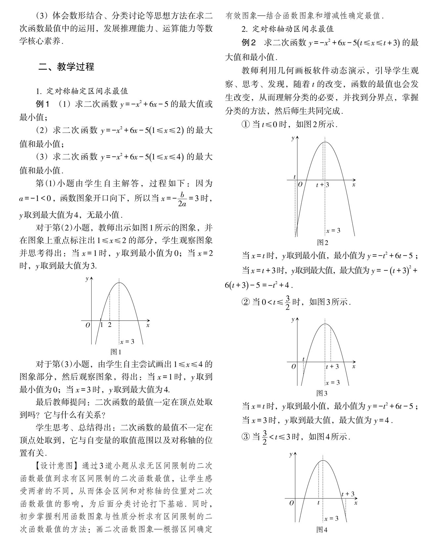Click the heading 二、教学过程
click(x=66, y=67)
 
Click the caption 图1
click(x=116, y=352)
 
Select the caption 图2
click(x=322, y=243)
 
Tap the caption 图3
click(x=322, y=393)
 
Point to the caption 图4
click(x=322, y=530)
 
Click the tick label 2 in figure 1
click(x=110, y=325)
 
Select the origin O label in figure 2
click(x=300, y=184)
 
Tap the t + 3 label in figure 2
click(x=322, y=185)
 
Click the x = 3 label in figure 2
click(x=333, y=231)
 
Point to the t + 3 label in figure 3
click(x=332, y=366)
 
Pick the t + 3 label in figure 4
click(x=348, y=494)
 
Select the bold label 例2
click(x=249, y=43)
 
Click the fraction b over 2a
click(x=182, y=199)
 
